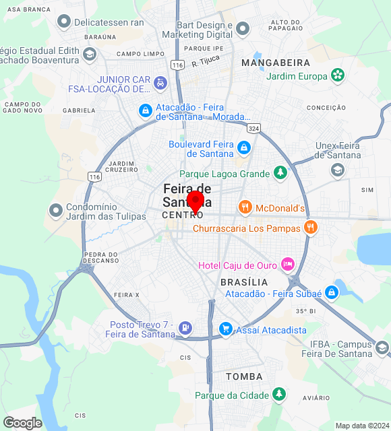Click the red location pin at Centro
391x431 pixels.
coord(195,201)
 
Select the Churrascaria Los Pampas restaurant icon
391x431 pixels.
coord(311,227)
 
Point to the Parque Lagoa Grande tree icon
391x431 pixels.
coord(280,173)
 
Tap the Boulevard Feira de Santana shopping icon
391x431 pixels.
coord(244,147)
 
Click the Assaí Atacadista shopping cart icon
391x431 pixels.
coord(226,329)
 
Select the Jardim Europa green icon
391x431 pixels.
coord(338,75)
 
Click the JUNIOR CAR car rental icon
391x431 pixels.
coord(160,83)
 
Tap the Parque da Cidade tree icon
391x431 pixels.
coord(279,395)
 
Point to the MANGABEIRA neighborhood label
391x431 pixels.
coord(275,62)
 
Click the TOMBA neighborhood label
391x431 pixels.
coord(244,376)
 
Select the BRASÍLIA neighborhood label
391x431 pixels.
coord(244,281)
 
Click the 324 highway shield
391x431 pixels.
coord(253,127)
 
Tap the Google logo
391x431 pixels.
coord(22,422)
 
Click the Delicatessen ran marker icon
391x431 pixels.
coord(65,22)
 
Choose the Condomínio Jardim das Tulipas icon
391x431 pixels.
coord(55,211)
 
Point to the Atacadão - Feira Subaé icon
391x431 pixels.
coord(331,292)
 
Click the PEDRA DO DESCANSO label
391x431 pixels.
coord(100,257)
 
